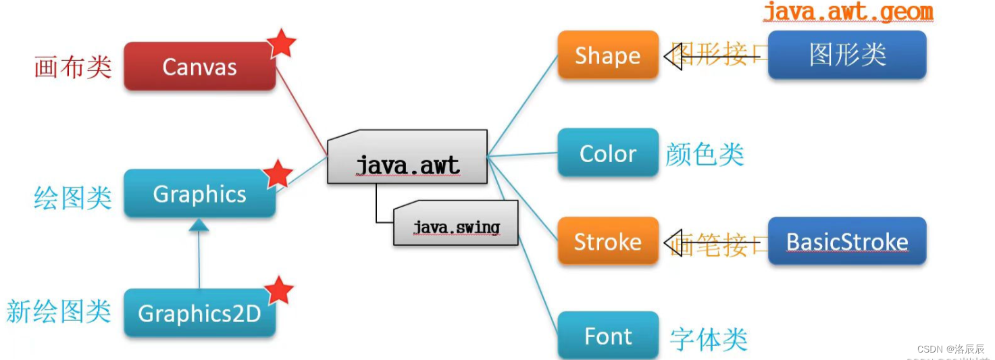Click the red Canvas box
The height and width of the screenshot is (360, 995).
point(199,66)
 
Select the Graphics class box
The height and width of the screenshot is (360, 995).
point(199,194)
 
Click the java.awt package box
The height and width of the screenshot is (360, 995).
point(407,160)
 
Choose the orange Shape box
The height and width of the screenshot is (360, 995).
point(607,55)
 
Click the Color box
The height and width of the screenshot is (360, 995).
point(607,153)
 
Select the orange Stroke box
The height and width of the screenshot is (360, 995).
point(607,241)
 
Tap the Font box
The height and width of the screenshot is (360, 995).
point(607,336)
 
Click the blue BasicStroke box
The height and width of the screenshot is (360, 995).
point(847,241)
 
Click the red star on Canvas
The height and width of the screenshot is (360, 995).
point(281,44)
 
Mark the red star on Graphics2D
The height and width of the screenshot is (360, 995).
point(278,290)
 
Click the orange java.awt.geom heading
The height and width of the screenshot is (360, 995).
point(848,11)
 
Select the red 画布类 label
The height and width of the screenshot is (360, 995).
point(72,67)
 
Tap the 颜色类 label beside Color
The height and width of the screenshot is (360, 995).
point(705,154)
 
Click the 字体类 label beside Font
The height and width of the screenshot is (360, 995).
point(709,338)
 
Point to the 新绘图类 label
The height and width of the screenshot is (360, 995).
point(59,311)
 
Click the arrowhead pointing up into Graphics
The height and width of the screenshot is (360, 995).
point(199,226)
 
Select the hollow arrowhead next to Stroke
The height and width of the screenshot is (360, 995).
point(672,241)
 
